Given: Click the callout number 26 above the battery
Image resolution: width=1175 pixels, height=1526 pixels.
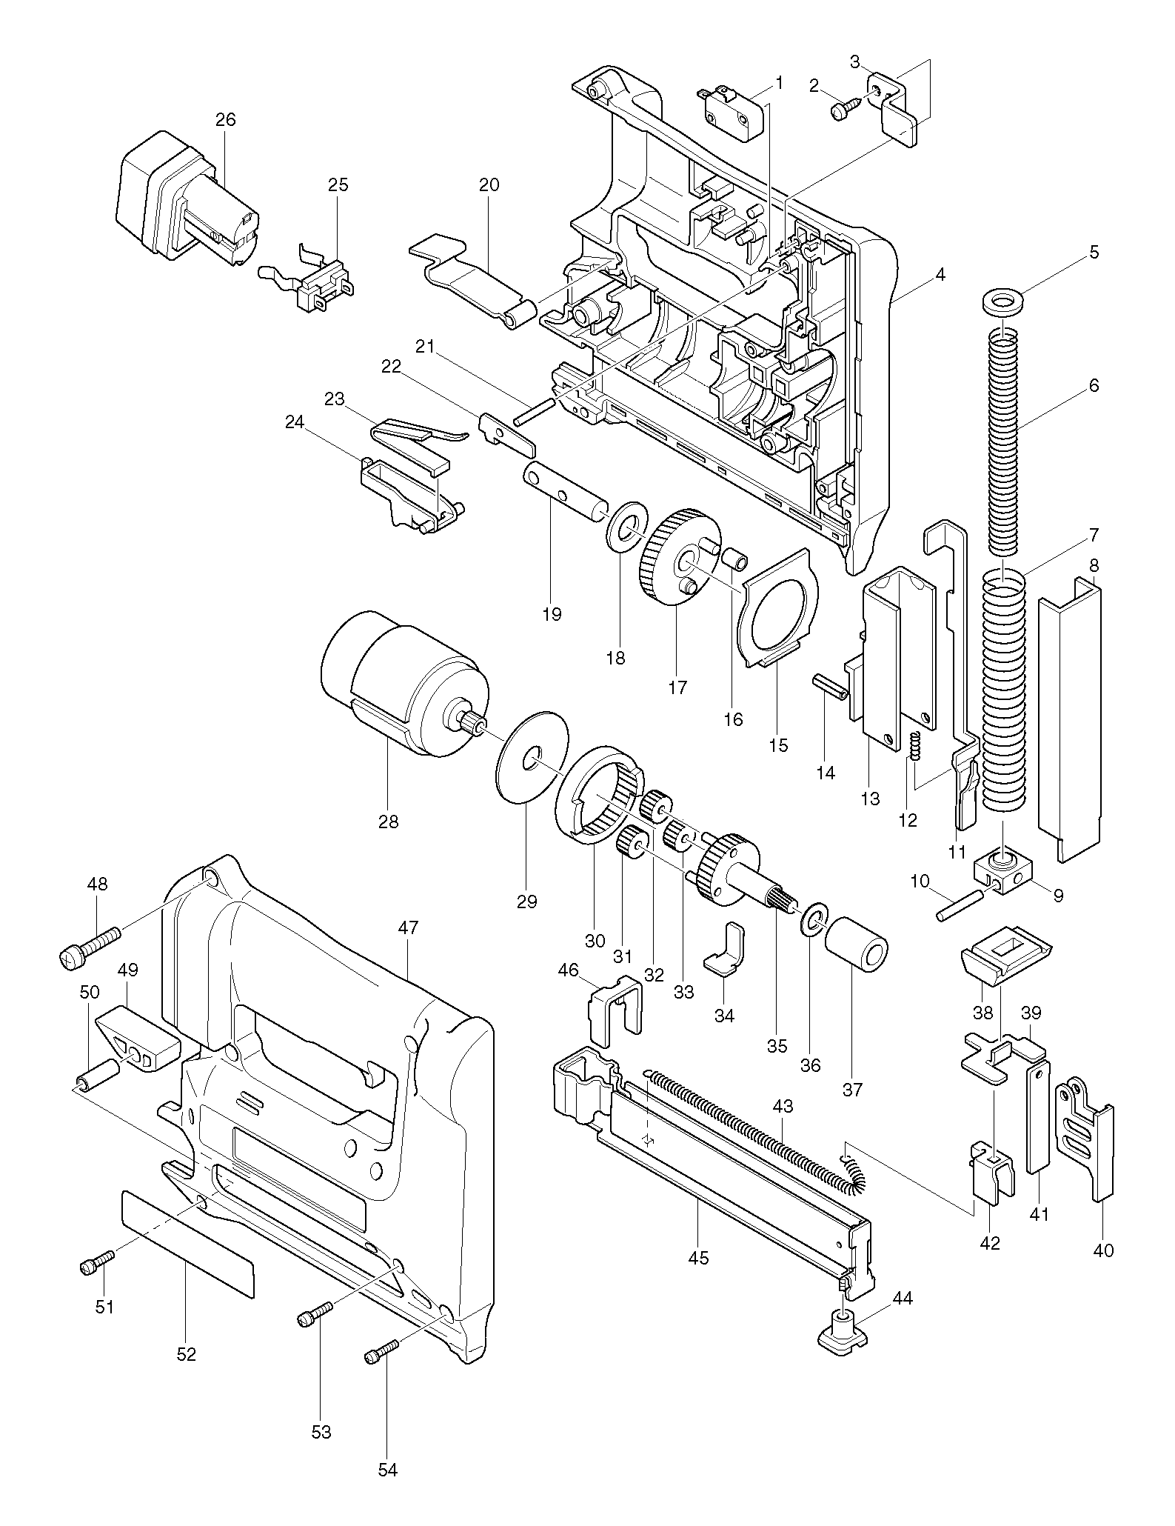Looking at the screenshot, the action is tap(225, 119).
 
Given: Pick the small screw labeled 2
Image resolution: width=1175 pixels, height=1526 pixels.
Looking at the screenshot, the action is tap(846, 108).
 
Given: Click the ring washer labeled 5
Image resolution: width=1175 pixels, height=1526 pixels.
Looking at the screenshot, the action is tap(1001, 302).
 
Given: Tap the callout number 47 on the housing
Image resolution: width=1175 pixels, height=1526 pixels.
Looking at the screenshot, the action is tap(409, 927).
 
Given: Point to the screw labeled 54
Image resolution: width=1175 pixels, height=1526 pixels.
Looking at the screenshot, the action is tap(382, 1350).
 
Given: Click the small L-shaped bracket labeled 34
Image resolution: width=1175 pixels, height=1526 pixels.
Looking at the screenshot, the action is tap(724, 950).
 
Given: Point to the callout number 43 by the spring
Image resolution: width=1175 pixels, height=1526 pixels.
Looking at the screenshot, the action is tap(783, 1107).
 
